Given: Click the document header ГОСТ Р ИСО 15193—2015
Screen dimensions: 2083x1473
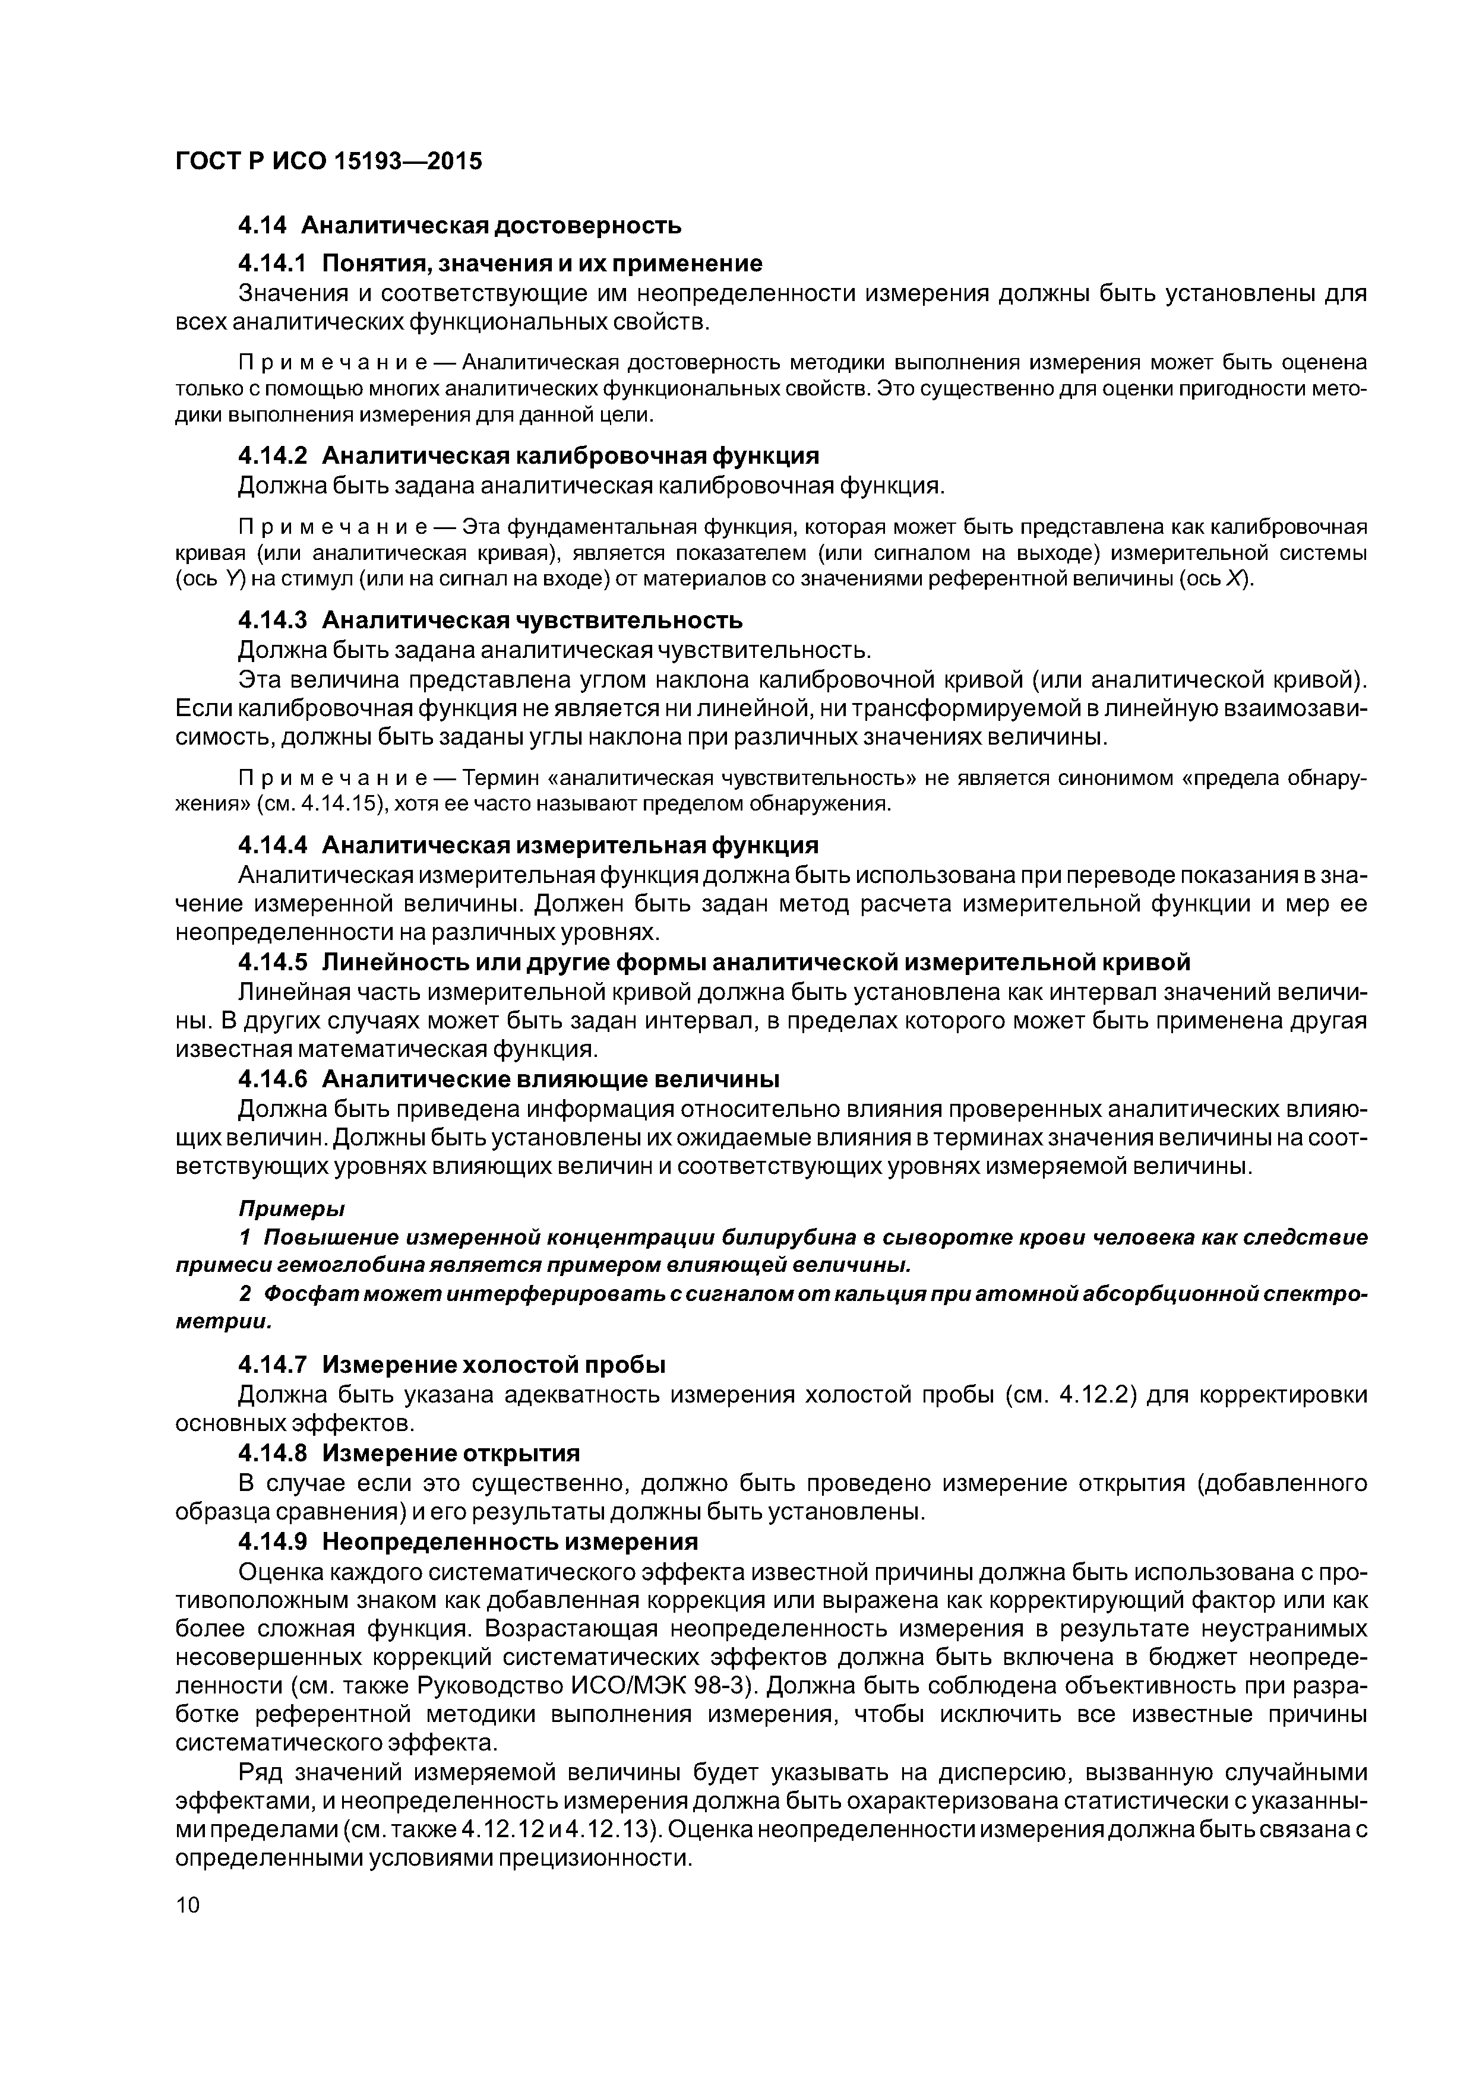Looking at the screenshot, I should pos(328,162).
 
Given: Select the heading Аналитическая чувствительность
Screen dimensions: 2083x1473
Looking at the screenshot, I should pos(533,620).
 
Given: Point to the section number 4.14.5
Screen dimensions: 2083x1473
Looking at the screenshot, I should pos(272,962).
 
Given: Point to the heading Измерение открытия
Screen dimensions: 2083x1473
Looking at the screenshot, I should pos(450,1454).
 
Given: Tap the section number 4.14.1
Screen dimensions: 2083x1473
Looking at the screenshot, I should pos(272,263).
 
